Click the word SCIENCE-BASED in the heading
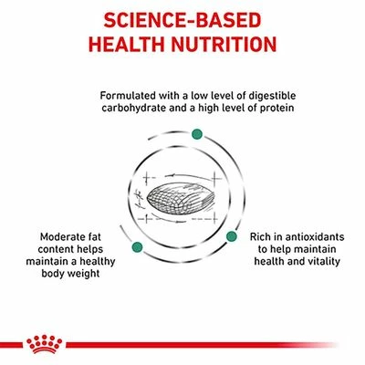[x=182, y=19]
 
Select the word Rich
[x=263, y=235]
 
